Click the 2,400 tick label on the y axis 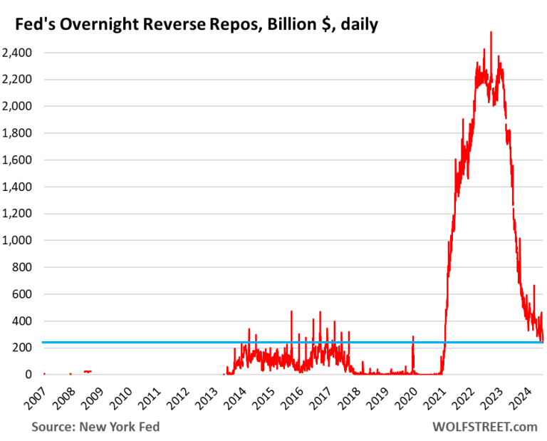click(17, 53)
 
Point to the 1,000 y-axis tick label click(17, 240)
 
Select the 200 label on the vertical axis click(21, 348)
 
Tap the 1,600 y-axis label click(17, 160)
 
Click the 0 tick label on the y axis click(27, 374)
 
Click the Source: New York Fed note click(95, 427)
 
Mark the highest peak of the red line click(490, 33)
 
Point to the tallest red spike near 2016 click(291, 311)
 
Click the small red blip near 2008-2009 click(87, 371)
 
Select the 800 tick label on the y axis click(21, 267)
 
